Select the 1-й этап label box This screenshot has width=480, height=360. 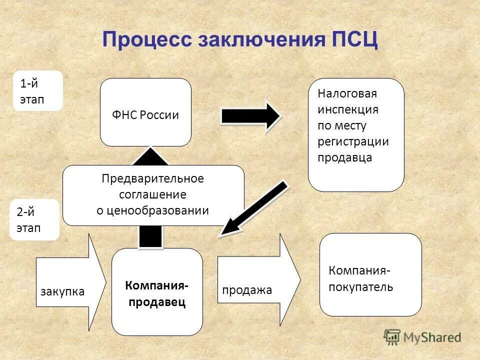tap(38, 90)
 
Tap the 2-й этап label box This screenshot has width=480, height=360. tap(34, 220)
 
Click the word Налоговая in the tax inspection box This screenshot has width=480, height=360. tap(347, 93)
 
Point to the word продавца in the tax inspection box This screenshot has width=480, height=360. tap(344, 157)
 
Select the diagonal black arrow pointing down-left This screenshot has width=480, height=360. tap(255, 208)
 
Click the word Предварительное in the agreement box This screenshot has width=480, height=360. tap(153, 178)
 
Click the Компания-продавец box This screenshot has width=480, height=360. tap(157, 292)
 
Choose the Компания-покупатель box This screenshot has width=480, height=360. tap(370, 275)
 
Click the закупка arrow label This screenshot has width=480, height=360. tap(62, 291)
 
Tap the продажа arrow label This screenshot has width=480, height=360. tap(247, 290)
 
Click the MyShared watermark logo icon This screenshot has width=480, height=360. tap(392, 336)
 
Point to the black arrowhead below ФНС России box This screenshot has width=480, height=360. tap(150, 156)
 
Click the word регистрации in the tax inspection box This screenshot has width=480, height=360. tap(353, 141)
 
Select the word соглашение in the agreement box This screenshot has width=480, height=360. tap(152, 194)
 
